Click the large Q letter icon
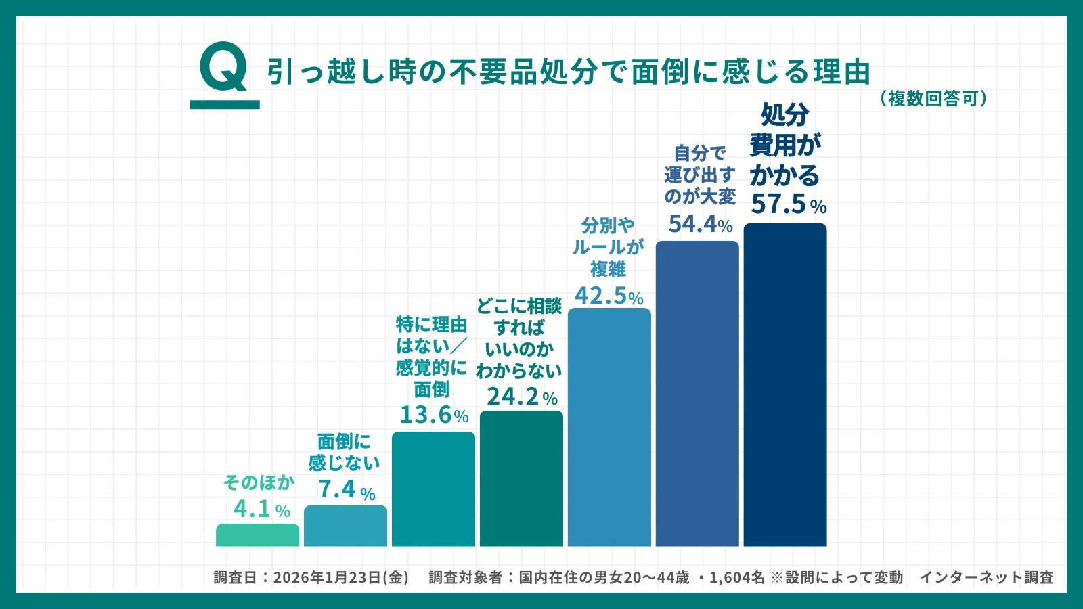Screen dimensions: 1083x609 point(224,67)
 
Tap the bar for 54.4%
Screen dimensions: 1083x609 point(697,393)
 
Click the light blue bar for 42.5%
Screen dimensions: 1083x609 point(609,427)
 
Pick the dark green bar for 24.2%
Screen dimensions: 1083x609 point(521,478)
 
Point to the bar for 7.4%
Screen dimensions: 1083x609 point(345,526)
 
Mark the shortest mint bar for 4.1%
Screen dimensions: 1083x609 point(257,535)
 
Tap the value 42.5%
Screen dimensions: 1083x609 point(609,296)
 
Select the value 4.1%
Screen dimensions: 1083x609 point(261,509)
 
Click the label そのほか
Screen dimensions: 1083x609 point(259,482)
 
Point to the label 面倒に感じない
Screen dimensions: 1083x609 point(344,452)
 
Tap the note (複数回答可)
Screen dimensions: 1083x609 point(933,99)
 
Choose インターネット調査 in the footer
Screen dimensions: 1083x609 point(986,577)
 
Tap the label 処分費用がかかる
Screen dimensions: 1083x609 point(785,144)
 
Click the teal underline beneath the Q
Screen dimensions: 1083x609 point(225,105)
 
